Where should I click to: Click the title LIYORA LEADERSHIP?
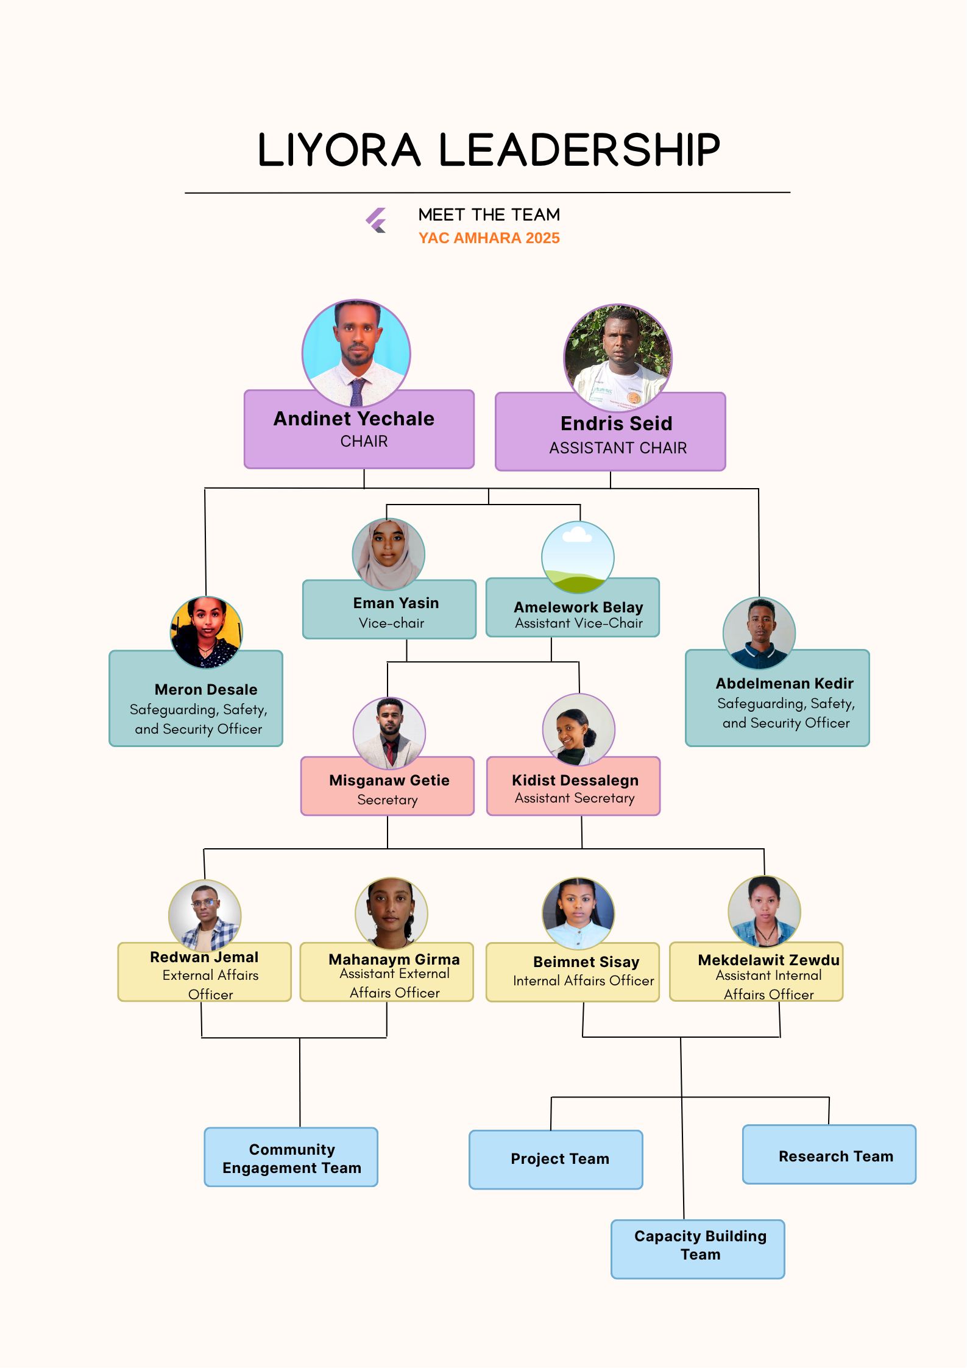489,150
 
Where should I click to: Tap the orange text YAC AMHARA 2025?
489,238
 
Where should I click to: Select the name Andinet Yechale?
354,419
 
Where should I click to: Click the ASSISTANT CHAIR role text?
617,448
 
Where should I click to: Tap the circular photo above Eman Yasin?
388,554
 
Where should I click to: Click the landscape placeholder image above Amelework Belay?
578,557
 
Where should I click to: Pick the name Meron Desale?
206,689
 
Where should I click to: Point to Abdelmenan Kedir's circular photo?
759,633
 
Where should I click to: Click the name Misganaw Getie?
389,780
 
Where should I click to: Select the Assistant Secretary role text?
574,798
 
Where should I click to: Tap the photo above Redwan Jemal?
205,915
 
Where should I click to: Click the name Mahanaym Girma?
394,959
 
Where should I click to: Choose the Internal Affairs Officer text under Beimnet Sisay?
583,980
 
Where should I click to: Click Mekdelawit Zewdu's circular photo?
764,912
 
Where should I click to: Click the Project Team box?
556,1159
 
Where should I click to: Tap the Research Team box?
829,1155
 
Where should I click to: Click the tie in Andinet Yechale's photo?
357,391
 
